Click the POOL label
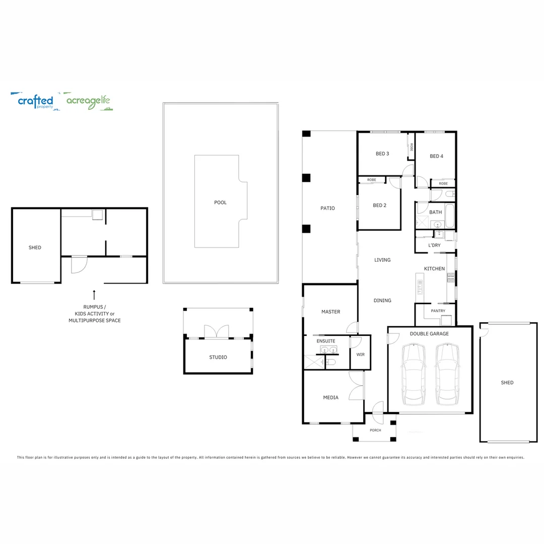(x=220, y=202)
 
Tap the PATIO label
(x=327, y=208)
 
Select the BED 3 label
(x=382, y=154)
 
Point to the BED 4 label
(x=436, y=156)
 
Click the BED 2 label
(x=379, y=205)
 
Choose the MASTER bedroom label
(x=330, y=312)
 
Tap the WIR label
(x=360, y=355)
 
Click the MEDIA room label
(x=330, y=397)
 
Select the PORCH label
(x=375, y=430)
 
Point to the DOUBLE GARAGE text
(x=429, y=333)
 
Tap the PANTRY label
(x=438, y=311)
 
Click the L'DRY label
(x=434, y=245)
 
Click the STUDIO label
(x=218, y=357)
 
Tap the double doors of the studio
(x=216, y=331)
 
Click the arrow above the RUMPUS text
(x=94, y=294)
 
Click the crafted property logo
(x=35, y=101)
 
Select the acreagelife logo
(x=89, y=102)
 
